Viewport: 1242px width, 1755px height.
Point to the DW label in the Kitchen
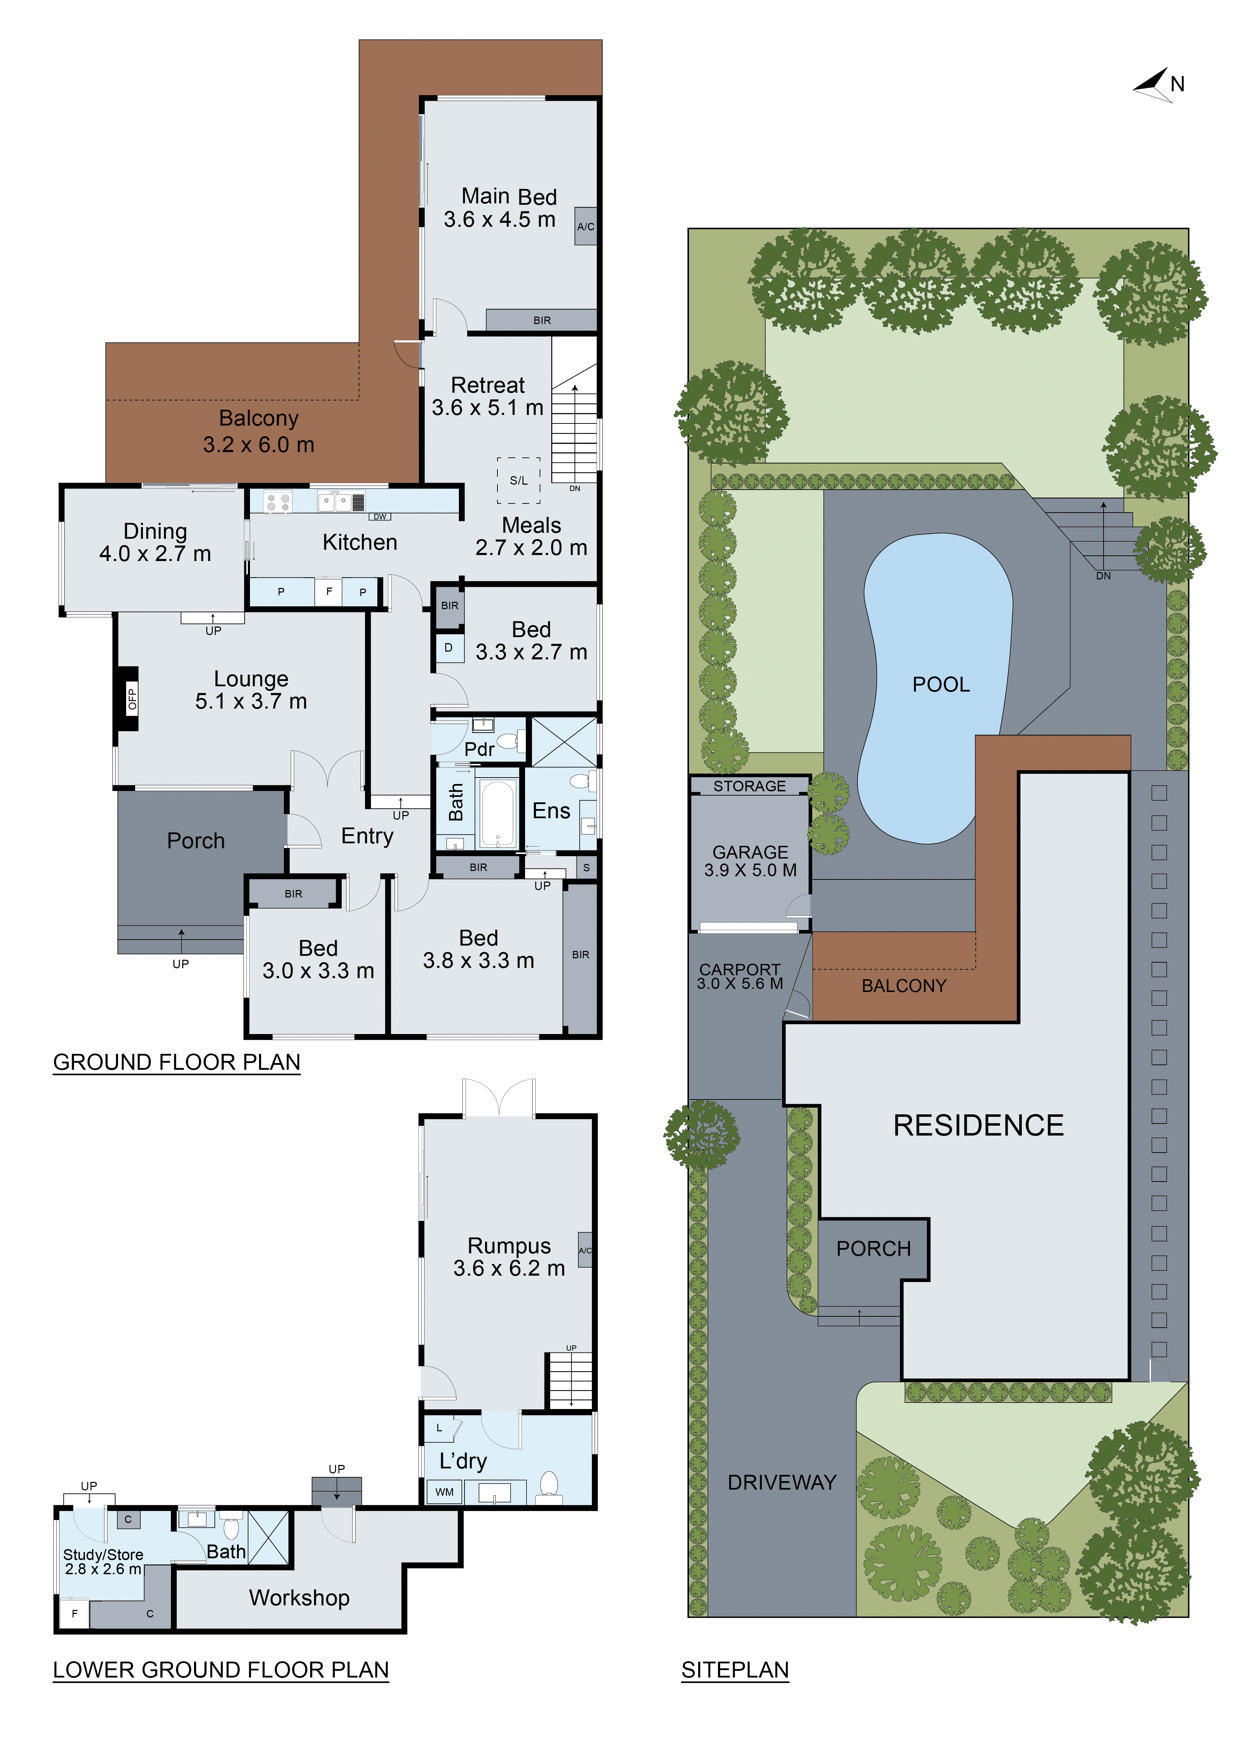coord(380,517)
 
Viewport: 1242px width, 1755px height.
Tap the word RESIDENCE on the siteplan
coord(978,1125)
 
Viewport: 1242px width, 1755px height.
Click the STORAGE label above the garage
coord(750,786)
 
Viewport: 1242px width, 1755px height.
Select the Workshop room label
coord(299,1598)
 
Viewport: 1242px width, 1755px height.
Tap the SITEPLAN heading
coord(735,1670)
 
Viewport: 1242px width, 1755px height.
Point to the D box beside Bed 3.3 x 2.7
coord(449,647)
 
